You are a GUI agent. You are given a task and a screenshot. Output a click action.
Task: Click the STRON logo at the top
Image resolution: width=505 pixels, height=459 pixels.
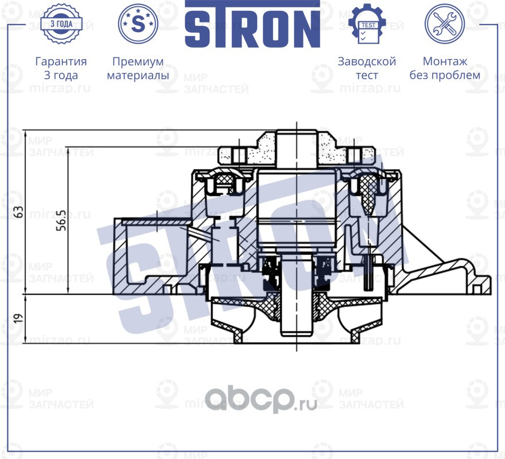pos(252,24)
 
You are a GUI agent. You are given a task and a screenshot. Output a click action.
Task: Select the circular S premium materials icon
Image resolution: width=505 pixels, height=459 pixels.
pos(138,24)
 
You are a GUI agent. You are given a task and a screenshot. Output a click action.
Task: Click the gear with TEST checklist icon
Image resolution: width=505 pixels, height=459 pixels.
pos(367,24)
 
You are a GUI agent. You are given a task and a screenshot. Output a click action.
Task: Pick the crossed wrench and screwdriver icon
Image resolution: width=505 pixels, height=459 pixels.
pos(444,24)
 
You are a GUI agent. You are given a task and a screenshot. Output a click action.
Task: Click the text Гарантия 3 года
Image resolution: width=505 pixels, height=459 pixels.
pos(61,68)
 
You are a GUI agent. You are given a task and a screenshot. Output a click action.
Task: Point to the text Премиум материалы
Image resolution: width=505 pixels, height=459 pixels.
pos(138,68)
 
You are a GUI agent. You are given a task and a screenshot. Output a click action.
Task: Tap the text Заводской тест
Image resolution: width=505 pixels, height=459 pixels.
pos(367,68)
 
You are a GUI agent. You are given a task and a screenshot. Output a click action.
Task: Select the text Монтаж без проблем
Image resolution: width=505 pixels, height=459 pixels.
pos(445,68)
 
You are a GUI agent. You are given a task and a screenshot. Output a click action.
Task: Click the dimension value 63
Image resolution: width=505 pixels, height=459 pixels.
pos(20,212)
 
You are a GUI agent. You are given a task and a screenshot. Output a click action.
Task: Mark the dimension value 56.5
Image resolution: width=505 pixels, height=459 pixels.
pos(61,220)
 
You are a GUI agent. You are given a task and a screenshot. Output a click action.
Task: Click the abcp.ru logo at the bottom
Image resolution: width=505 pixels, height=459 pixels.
pos(261,398)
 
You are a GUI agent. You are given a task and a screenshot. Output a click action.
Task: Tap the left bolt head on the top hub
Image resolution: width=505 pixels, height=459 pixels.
pos(239,154)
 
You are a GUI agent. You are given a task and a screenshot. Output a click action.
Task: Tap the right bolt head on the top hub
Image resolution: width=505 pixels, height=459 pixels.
pos(355,154)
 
